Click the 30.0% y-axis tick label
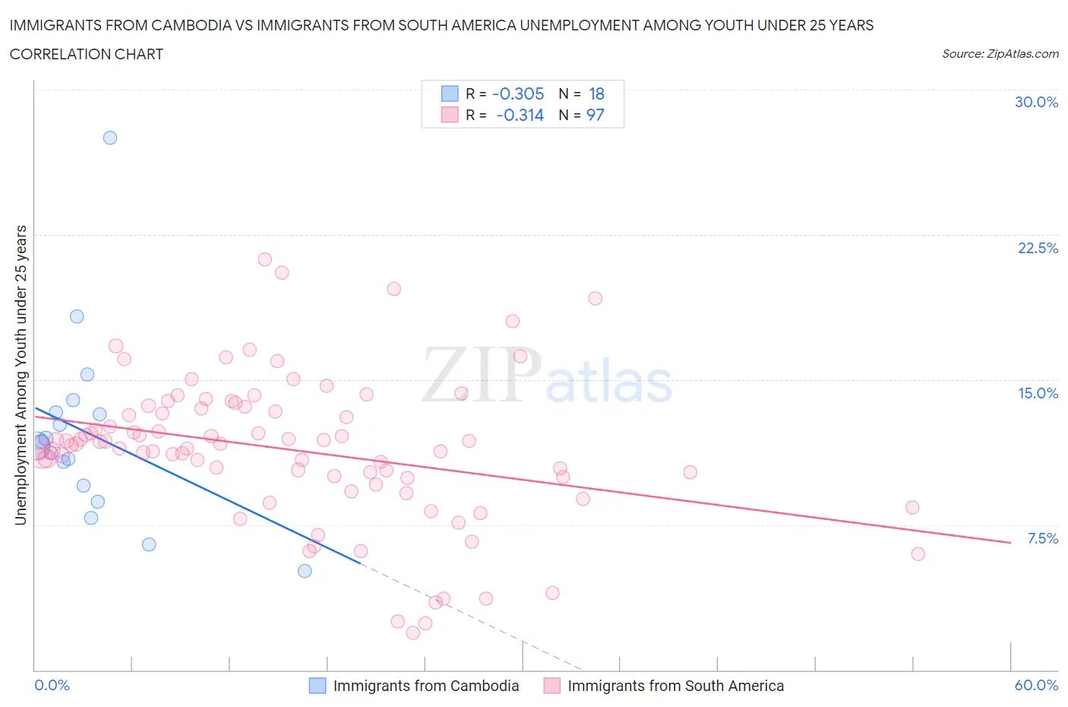[1036, 102]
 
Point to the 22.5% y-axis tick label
[1038, 248]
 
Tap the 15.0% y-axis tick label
[1038, 393]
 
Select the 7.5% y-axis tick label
[1042, 538]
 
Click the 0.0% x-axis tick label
[52, 685]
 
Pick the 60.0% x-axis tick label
[1036, 685]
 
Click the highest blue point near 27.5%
[110, 138]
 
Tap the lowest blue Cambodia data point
[305, 571]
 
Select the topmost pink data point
[264, 259]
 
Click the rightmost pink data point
[918, 554]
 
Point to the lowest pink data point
[413, 632]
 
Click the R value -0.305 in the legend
[518, 94]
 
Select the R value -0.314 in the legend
[520, 115]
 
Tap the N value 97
[596, 115]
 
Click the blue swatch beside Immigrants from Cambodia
[318, 686]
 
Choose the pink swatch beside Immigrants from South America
[552, 686]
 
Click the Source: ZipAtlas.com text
[1000, 53]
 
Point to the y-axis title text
[21, 375]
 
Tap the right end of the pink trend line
[1010, 542]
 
